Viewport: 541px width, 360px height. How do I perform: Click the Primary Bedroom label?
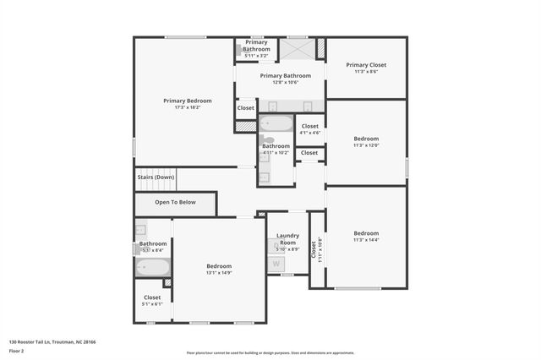click(188, 101)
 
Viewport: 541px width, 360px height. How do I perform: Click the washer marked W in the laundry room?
click(276, 264)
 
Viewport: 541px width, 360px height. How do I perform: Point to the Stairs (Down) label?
click(156, 177)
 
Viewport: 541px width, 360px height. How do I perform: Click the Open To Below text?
click(175, 203)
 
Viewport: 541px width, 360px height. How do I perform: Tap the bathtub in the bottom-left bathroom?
click(153, 268)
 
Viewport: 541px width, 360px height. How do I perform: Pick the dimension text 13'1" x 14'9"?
click(218, 273)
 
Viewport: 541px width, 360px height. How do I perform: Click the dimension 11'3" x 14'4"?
click(366, 240)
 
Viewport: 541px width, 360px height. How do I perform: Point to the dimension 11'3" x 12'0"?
click(366, 145)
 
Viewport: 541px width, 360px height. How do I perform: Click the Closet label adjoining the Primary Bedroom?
click(246, 108)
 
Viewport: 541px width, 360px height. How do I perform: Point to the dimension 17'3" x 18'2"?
click(188, 107)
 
